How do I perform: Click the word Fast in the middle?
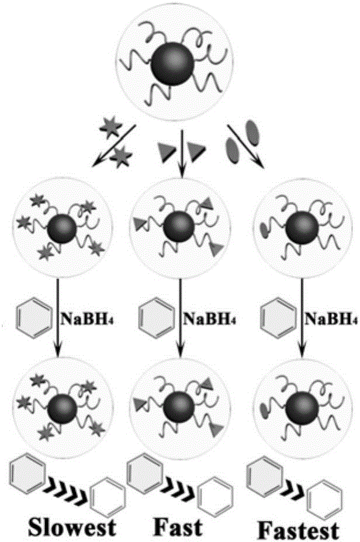[178, 527]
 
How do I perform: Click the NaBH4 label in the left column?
[80, 318]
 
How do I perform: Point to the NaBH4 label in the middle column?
[203, 318]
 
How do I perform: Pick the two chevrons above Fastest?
[293, 486]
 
